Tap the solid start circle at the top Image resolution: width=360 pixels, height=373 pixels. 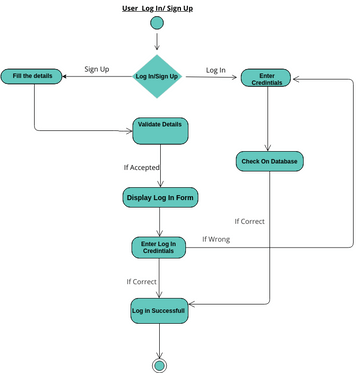[x=157, y=23]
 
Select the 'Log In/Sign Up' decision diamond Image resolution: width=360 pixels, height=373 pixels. [x=157, y=76]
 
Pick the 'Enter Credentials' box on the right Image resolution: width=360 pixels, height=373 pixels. [x=266, y=77]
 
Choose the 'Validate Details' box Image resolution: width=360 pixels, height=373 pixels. [x=160, y=130]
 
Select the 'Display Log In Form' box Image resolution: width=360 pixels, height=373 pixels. [x=160, y=198]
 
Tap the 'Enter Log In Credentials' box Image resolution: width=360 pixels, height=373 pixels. [x=159, y=247]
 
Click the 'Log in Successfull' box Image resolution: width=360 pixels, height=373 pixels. [x=159, y=312]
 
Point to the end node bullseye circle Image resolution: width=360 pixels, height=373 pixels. [x=158, y=363]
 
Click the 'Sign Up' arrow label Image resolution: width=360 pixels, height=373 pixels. [x=96, y=69]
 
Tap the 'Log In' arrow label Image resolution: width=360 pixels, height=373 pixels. [x=215, y=69]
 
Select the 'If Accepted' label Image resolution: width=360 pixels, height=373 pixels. [x=142, y=167]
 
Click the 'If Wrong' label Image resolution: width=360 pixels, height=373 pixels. [x=216, y=239]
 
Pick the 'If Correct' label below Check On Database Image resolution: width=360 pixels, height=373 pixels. [x=249, y=221]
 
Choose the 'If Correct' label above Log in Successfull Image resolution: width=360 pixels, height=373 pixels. [x=141, y=282]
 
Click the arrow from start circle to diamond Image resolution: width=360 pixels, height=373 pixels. [x=157, y=41]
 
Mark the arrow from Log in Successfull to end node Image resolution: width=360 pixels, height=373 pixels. [x=158, y=340]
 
